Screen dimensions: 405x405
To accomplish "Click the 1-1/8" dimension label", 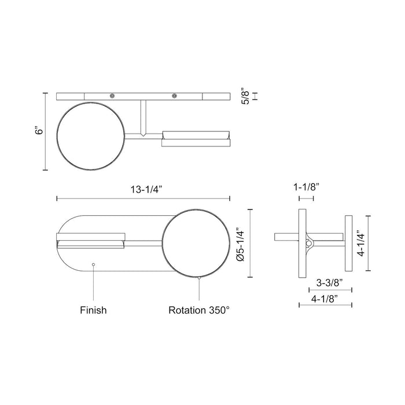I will click(305, 187).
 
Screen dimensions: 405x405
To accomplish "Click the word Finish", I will click(93, 310).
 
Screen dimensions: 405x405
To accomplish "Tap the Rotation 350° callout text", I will click(199, 310).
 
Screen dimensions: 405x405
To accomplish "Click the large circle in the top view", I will click(91, 137).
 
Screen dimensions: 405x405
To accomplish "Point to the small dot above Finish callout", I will click(93, 264).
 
